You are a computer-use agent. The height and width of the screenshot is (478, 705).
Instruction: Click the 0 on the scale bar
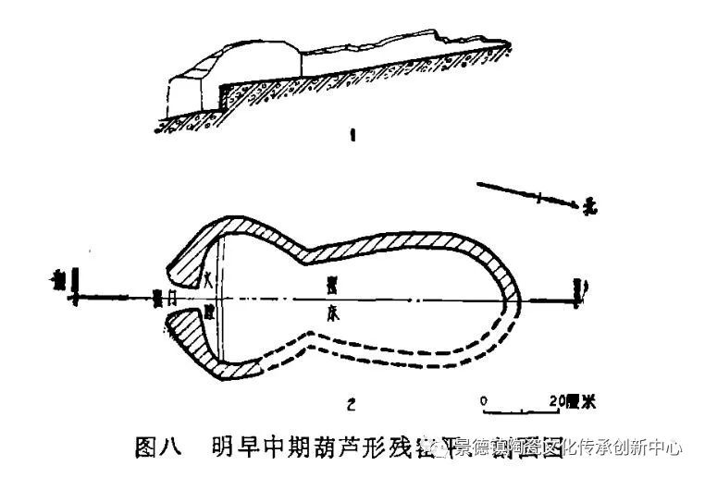(x=485, y=400)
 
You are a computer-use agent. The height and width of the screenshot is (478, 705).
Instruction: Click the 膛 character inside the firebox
(x=210, y=310)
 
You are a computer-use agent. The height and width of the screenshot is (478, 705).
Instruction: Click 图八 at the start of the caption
(x=155, y=448)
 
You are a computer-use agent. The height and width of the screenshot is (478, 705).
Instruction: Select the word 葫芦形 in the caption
(x=343, y=448)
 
